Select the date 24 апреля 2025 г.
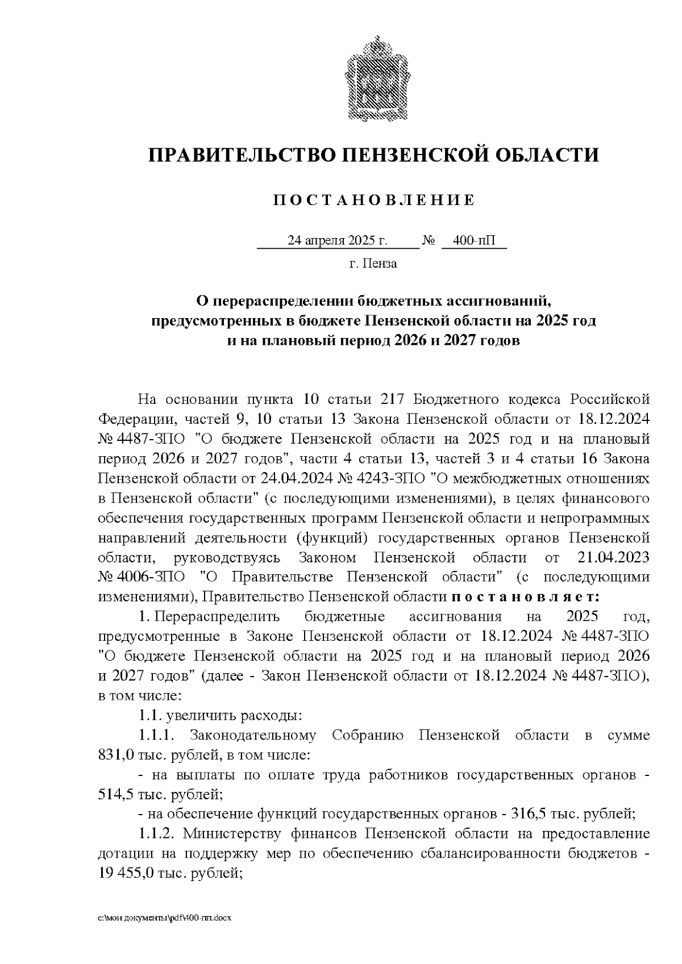point(337,241)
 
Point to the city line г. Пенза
point(373,264)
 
